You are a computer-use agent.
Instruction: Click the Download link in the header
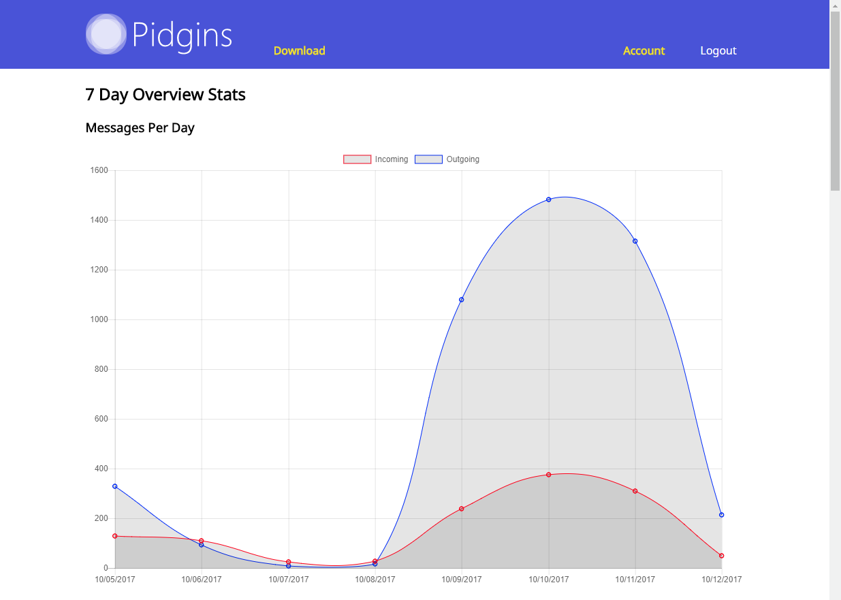coord(299,51)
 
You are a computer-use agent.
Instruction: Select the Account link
coord(644,51)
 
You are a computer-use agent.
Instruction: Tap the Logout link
coord(718,51)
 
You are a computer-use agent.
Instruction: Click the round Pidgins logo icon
coord(106,34)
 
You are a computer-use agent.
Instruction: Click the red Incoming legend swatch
coord(357,159)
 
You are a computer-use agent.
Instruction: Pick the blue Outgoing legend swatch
coord(428,159)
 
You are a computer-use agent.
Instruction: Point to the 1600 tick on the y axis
coord(99,170)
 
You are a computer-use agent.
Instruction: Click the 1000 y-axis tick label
coord(99,319)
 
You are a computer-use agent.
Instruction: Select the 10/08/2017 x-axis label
coord(375,580)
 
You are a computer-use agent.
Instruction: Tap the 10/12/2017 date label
coord(721,580)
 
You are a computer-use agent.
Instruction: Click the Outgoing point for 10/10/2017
coord(548,200)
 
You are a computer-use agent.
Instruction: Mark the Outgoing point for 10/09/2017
coord(462,300)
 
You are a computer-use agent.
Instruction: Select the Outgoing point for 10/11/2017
coord(635,241)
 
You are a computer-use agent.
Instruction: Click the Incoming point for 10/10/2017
coord(548,475)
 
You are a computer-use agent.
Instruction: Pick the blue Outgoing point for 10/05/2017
coord(115,486)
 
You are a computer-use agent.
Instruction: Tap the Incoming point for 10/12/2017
coord(722,556)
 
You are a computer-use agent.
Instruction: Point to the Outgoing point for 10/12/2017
coord(722,515)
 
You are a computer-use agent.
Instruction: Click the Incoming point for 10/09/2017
coord(462,509)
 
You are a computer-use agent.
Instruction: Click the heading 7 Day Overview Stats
coord(165,95)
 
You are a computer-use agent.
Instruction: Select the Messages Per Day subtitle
coord(140,128)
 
